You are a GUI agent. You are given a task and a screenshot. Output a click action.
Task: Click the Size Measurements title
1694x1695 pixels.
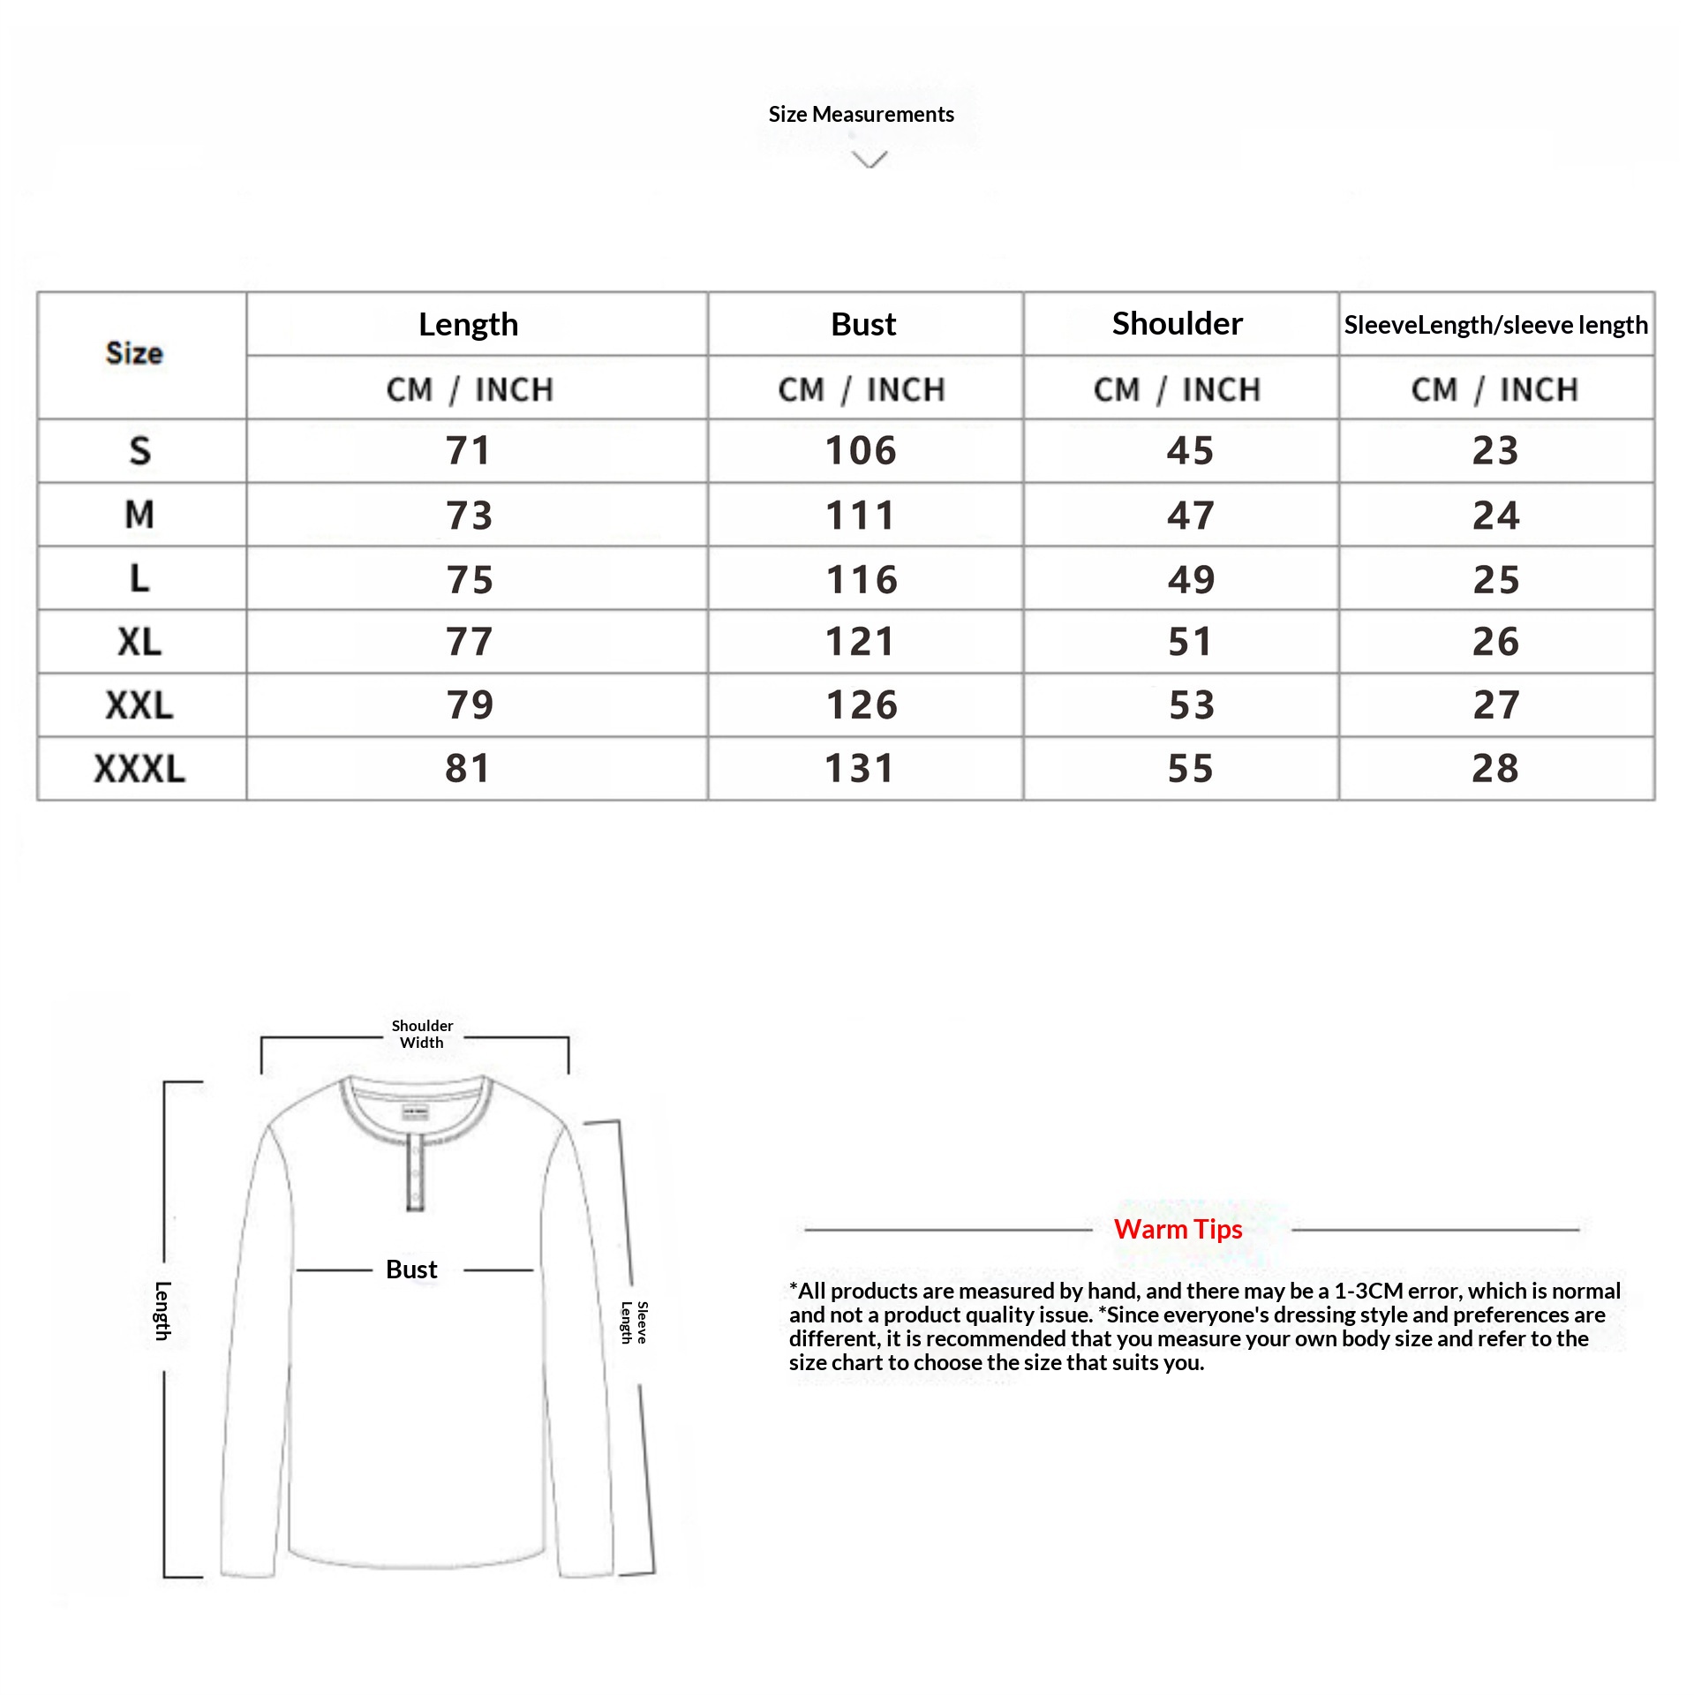click(861, 115)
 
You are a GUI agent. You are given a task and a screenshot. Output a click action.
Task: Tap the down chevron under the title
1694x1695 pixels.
click(870, 160)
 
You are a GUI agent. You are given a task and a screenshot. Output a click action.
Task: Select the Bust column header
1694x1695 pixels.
click(863, 324)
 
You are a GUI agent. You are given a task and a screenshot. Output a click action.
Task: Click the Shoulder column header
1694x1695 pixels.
click(1177, 324)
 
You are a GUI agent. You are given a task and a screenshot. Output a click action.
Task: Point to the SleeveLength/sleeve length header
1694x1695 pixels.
click(1495, 325)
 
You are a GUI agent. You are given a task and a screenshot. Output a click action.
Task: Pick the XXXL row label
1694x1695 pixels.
click(139, 769)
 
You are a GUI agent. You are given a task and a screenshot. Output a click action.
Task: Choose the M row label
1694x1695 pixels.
click(139, 515)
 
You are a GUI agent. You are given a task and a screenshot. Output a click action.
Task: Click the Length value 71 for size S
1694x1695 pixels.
click(468, 451)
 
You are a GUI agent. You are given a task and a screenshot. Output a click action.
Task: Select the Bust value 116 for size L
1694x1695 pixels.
click(862, 579)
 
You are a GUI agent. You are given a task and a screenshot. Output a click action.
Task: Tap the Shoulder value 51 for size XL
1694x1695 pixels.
click(1191, 642)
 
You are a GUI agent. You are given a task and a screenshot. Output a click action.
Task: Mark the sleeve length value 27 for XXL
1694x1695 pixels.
click(1496, 705)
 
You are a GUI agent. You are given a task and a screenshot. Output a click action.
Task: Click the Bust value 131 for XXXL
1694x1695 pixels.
click(860, 769)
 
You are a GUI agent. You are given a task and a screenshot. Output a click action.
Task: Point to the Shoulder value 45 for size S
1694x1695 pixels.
click(1191, 451)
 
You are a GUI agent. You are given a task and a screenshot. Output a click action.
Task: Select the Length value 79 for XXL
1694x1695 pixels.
click(469, 705)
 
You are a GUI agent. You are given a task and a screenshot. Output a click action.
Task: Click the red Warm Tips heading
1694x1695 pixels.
click(1178, 1229)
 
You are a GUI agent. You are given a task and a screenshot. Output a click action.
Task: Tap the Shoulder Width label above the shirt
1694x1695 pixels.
click(422, 1034)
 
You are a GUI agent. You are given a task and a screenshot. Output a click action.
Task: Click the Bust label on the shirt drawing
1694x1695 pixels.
click(411, 1269)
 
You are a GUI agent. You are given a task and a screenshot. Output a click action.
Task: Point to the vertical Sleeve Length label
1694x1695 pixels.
click(634, 1322)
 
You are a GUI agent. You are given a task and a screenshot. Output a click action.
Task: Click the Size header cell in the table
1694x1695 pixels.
click(134, 354)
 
